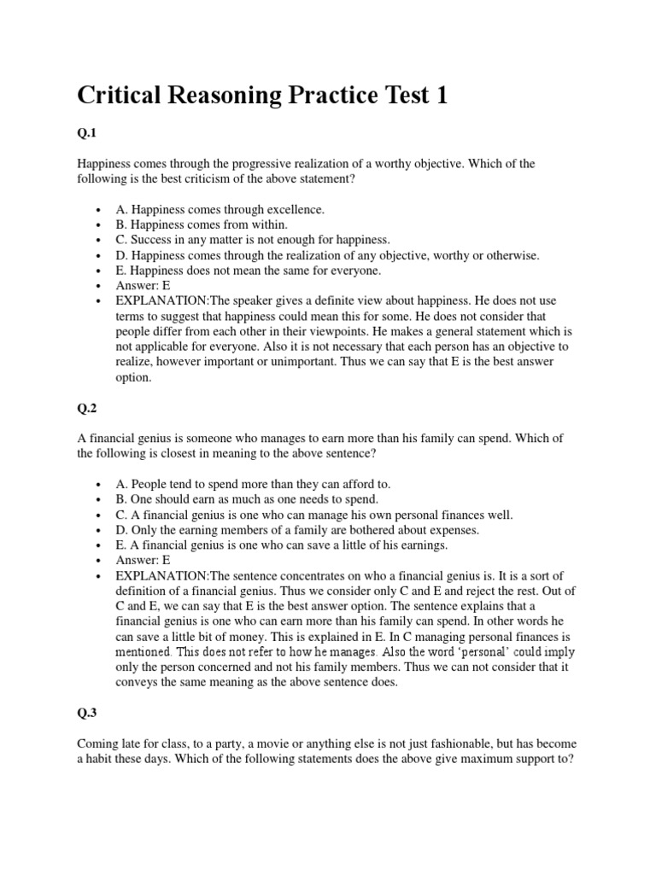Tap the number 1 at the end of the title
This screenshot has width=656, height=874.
[442, 96]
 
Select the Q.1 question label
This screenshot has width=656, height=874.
[88, 132]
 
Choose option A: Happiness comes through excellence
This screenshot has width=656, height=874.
[220, 209]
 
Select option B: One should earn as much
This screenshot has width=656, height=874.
[247, 499]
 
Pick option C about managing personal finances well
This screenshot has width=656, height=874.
[311, 515]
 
